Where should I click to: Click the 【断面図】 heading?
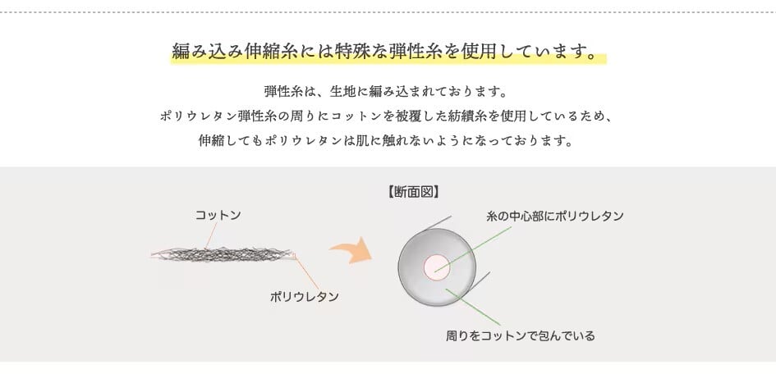(413, 193)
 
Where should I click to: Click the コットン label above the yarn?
(218, 215)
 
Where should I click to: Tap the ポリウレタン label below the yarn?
(305, 296)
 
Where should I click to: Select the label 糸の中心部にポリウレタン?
(555, 217)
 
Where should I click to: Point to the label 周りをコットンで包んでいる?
(520, 335)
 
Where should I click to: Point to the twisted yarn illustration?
(222, 253)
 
